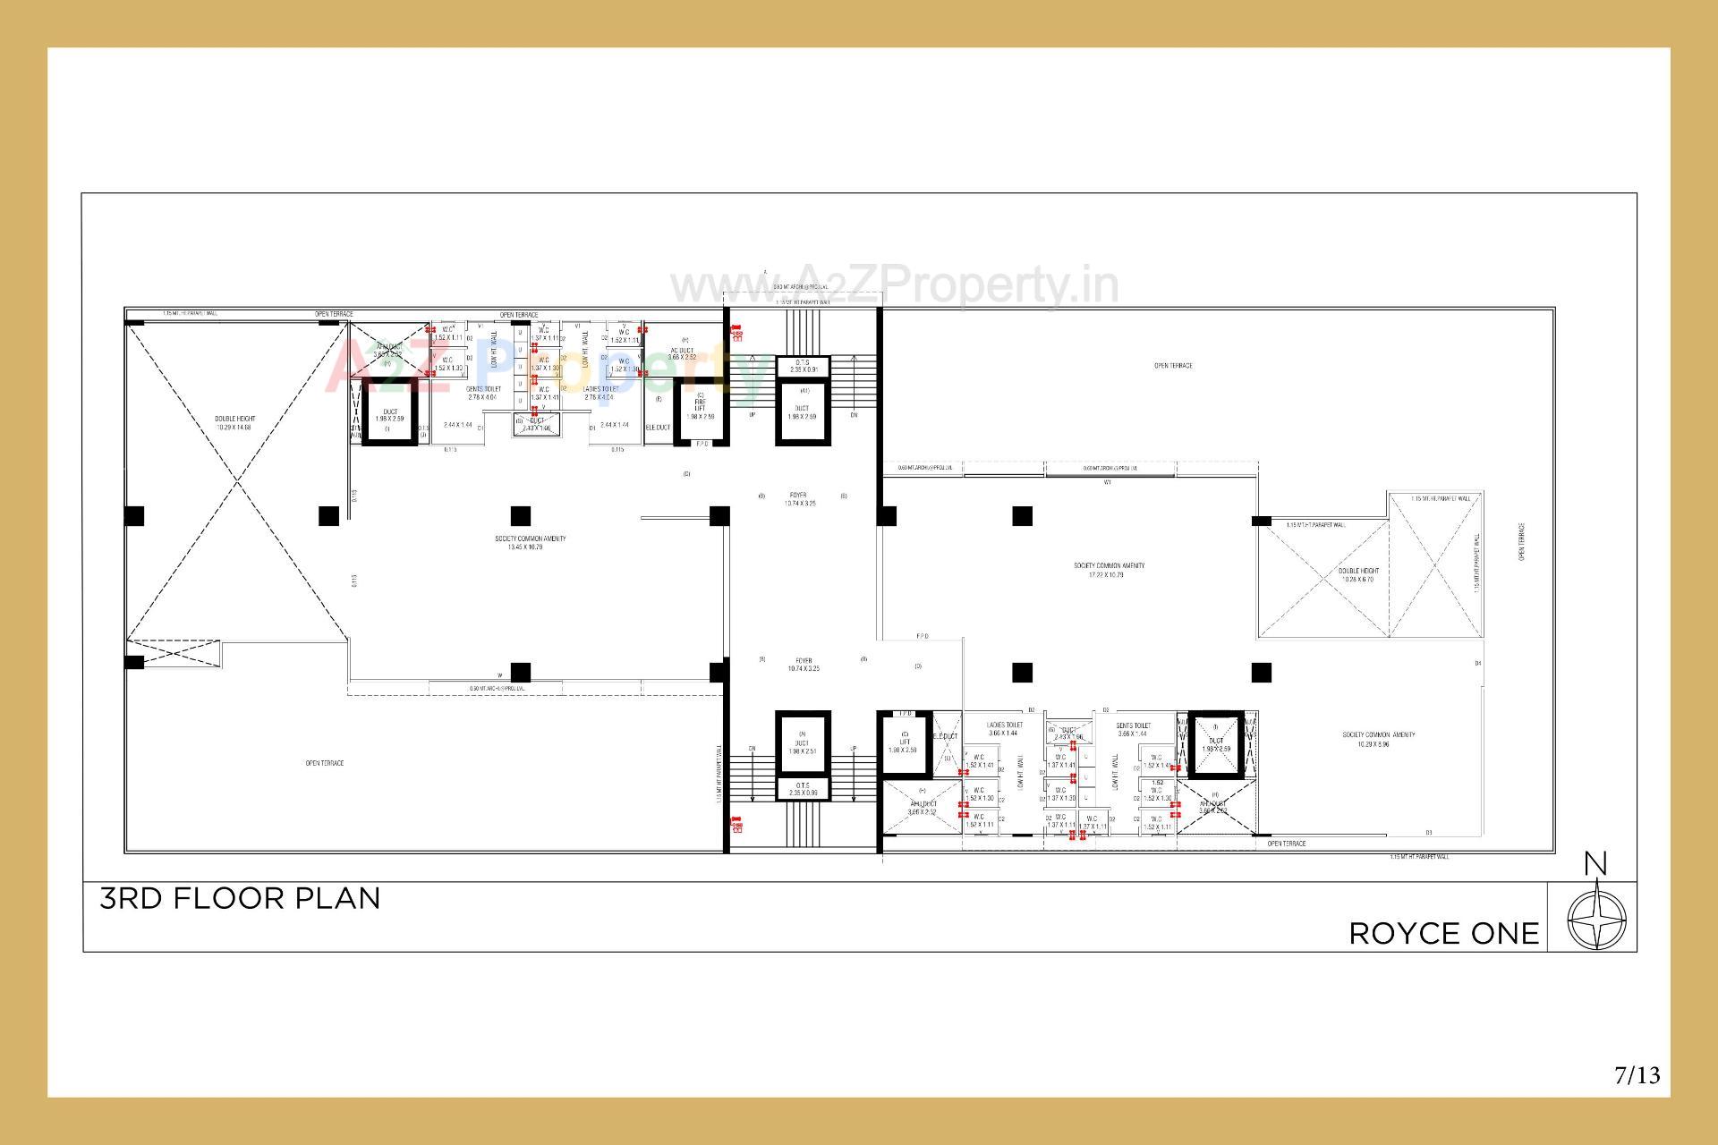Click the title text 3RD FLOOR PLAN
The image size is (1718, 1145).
click(240, 898)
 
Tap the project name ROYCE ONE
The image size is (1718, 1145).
click(1443, 934)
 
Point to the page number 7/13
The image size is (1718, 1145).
click(1637, 1074)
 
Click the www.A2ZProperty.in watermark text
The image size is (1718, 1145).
click(895, 286)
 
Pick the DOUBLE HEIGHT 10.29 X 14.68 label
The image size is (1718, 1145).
click(235, 423)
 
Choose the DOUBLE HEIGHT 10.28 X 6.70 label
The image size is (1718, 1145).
click(1358, 574)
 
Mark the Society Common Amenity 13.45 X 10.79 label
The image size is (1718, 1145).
click(530, 542)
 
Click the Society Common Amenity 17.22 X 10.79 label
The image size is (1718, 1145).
click(1109, 570)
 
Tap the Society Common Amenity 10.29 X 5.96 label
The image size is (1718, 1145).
click(1378, 739)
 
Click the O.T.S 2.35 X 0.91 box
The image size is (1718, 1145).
click(803, 366)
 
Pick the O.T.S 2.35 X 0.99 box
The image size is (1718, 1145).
click(803, 790)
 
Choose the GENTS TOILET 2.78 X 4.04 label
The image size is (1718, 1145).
click(482, 393)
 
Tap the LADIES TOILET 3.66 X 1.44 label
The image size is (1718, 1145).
click(1004, 728)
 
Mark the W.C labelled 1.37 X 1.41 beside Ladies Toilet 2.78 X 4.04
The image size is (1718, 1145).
click(544, 394)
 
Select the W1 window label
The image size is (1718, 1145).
click(1107, 483)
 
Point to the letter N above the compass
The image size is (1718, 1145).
click(1595, 864)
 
